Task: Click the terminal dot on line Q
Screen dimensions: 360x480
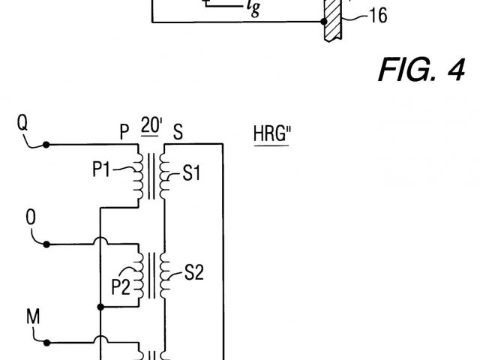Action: point(46,144)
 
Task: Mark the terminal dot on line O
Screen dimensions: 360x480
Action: point(46,244)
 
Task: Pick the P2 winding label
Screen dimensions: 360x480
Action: point(120,284)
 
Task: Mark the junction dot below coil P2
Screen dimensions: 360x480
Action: point(100,307)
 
